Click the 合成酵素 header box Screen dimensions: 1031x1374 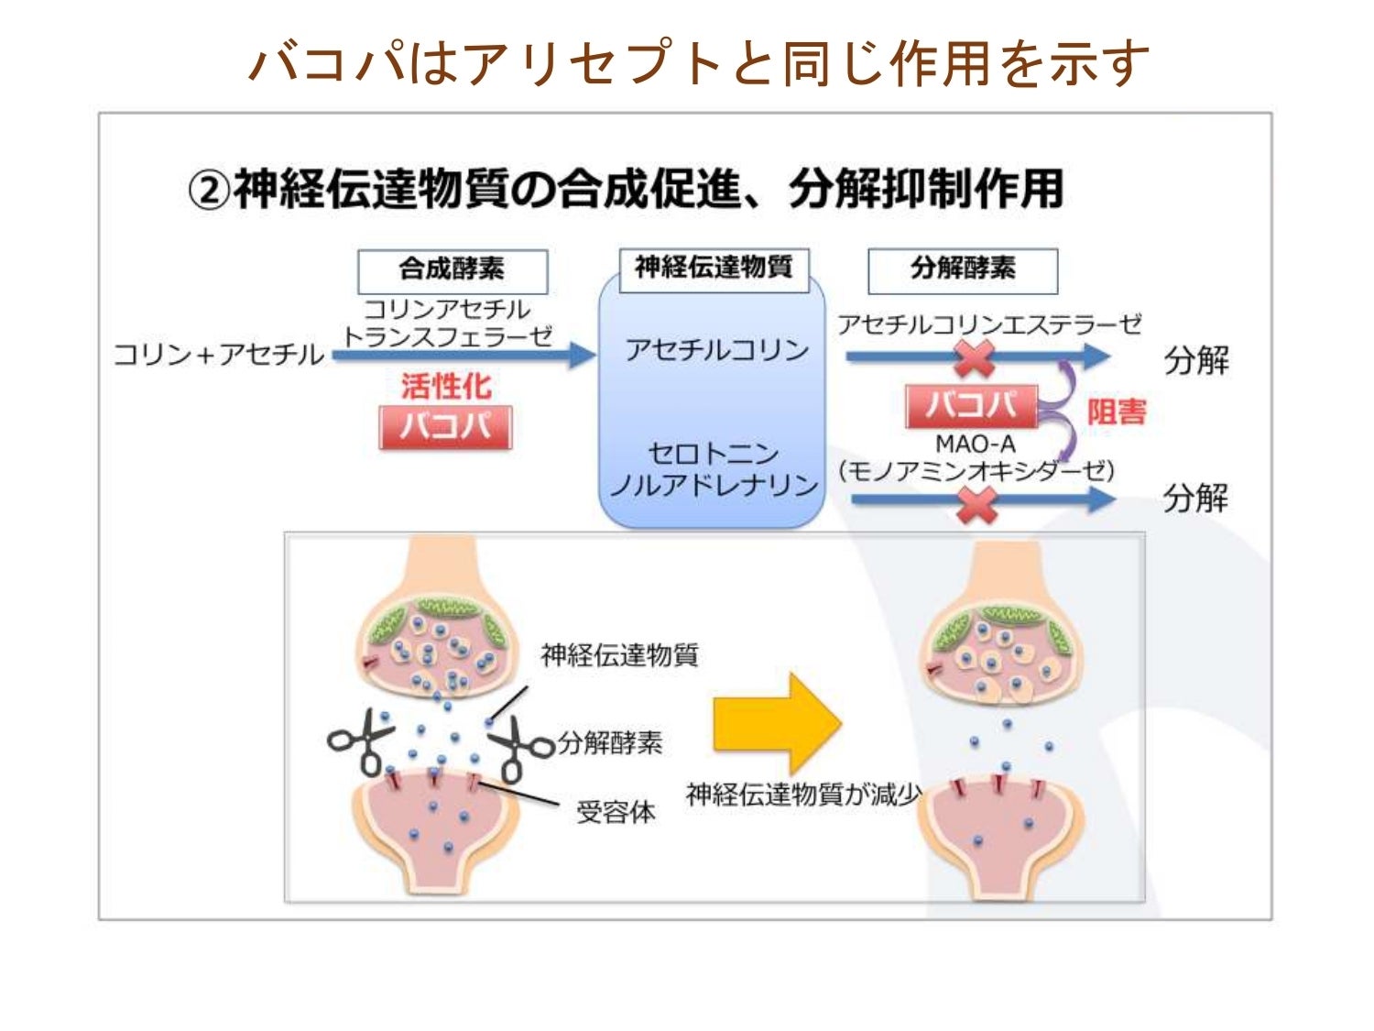[452, 271]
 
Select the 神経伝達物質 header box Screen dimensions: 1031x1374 [714, 269]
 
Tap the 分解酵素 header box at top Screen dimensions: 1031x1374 [962, 270]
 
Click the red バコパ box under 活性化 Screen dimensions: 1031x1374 [445, 427]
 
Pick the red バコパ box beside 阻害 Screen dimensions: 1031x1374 [971, 406]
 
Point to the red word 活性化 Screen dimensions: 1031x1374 [446, 386]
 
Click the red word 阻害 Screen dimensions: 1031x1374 [1117, 411]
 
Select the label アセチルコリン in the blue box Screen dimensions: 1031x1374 [716, 349]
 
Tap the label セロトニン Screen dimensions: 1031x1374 [714, 453]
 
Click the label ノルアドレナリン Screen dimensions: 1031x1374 [714, 485]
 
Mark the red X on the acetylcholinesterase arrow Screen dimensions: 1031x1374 [975, 357]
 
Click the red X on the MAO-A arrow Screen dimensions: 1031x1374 [976, 503]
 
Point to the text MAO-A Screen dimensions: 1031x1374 [975, 444]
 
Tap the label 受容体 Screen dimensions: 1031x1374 [616, 812]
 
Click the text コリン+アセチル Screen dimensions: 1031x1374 [218, 355]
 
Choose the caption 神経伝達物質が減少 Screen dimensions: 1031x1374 [803, 794]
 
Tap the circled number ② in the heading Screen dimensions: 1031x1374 [208, 192]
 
